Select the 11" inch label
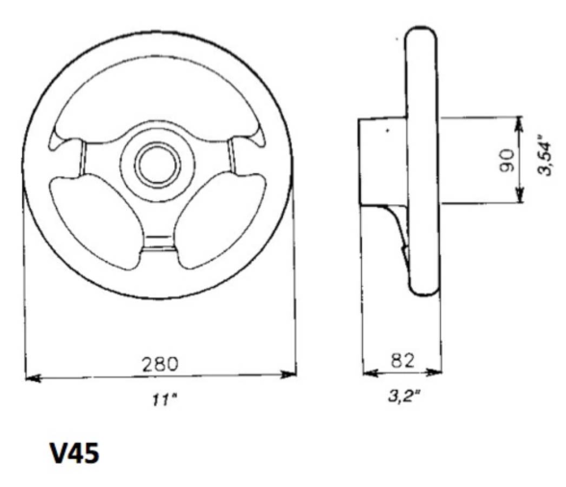coord(159,397)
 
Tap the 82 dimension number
coord(401,359)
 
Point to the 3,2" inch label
coord(401,396)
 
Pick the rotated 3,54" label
coord(547,154)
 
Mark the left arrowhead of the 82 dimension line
coord(367,373)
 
